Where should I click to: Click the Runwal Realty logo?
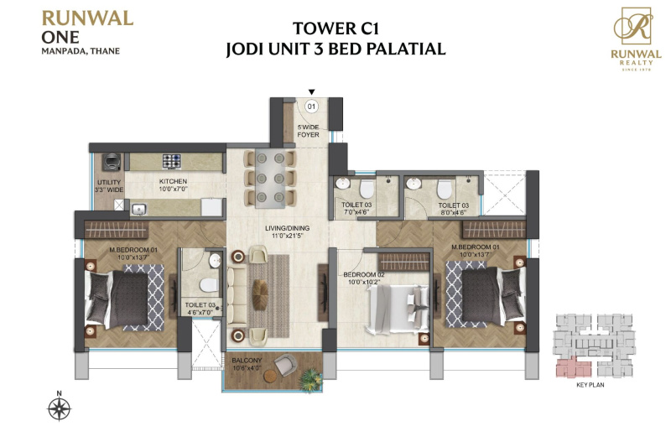(x=636, y=39)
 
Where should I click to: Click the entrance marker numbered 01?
(x=311, y=106)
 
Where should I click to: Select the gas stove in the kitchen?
(x=172, y=162)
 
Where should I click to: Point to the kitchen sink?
(x=139, y=209)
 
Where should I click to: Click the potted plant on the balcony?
(x=310, y=379)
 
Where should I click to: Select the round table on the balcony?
(x=271, y=377)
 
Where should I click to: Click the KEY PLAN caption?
(x=590, y=385)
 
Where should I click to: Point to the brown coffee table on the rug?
(x=260, y=294)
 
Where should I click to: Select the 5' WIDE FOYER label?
(x=308, y=131)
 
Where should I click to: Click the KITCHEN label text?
(x=173, y=181)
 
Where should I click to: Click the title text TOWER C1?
(x=336, y=29)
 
